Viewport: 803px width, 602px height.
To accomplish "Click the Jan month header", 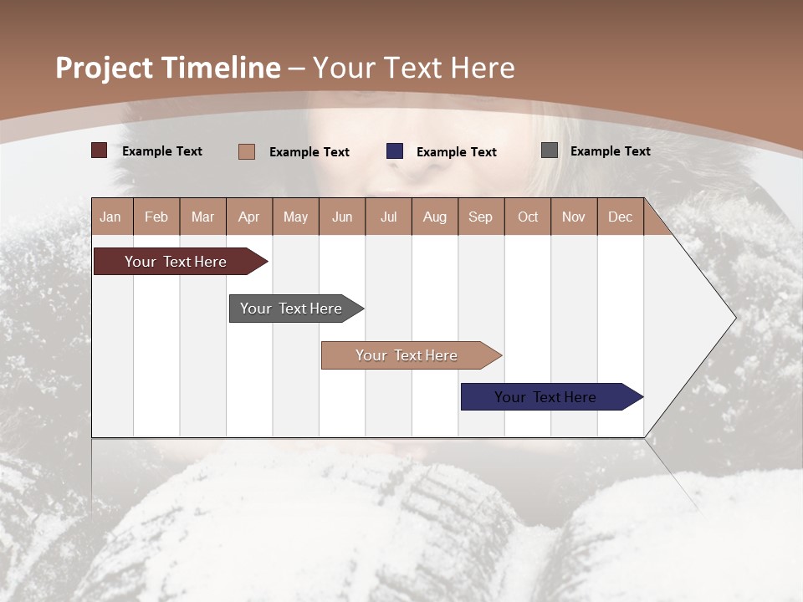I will pos(110,217).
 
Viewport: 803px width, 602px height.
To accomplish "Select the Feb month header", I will pos(156,217).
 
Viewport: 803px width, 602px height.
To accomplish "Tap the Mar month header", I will pos(202,217).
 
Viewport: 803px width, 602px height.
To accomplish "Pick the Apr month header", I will pos(248,217).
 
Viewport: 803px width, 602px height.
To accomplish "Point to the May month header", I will pos(295,217).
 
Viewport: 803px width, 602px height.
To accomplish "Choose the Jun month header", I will pos(342,217).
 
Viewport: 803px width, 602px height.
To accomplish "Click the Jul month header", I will pos(388,217).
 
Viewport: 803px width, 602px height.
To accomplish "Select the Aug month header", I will pos(435,217).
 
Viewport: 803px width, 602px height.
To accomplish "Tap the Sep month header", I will pos(481,217).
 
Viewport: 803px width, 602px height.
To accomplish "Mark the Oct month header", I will pos(528,217).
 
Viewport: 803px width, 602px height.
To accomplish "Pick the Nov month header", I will pos(574,217).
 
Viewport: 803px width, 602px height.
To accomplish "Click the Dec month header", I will pos(620,217).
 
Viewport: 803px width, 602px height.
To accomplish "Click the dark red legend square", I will pos(100,150).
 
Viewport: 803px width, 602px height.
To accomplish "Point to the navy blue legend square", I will pos(395,151).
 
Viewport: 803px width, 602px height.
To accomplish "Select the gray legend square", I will pos(550,150).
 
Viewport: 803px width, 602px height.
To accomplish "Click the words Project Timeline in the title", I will pos(168,68).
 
